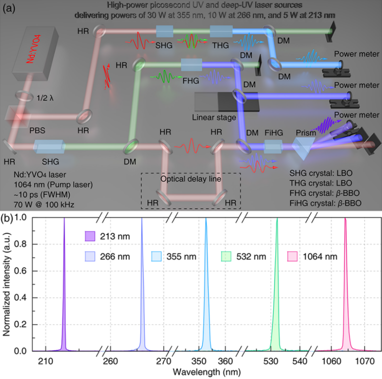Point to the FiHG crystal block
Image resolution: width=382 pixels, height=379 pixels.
point(272,146)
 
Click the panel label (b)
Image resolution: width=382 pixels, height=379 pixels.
point(9,205)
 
